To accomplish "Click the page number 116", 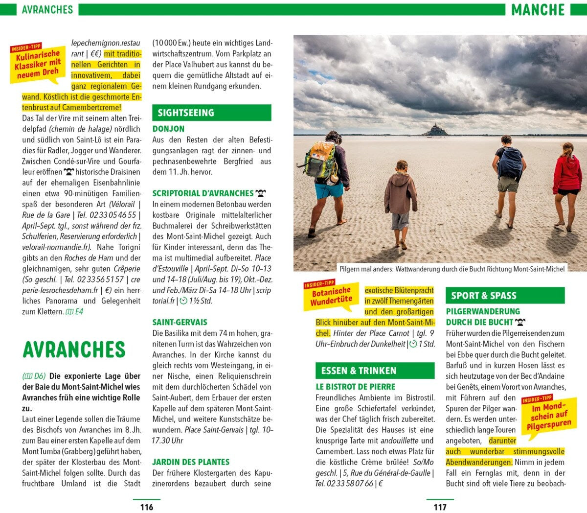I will pos(147,507).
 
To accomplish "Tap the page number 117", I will pos(440,507).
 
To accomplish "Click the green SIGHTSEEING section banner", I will pos(211,113).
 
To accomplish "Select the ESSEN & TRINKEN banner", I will pos(375,371).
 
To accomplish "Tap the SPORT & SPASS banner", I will pos(505,295).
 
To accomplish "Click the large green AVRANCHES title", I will pos(74,350).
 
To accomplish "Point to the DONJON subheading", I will pos(168,129).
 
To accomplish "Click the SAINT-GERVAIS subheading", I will pos(180,322).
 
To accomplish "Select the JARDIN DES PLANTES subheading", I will pos(190,462).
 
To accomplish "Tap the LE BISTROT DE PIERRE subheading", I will pos(355,387).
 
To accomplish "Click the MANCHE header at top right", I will pos(538,9).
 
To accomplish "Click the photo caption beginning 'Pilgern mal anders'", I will pos(452,269).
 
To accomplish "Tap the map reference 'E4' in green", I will pos(76,311).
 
